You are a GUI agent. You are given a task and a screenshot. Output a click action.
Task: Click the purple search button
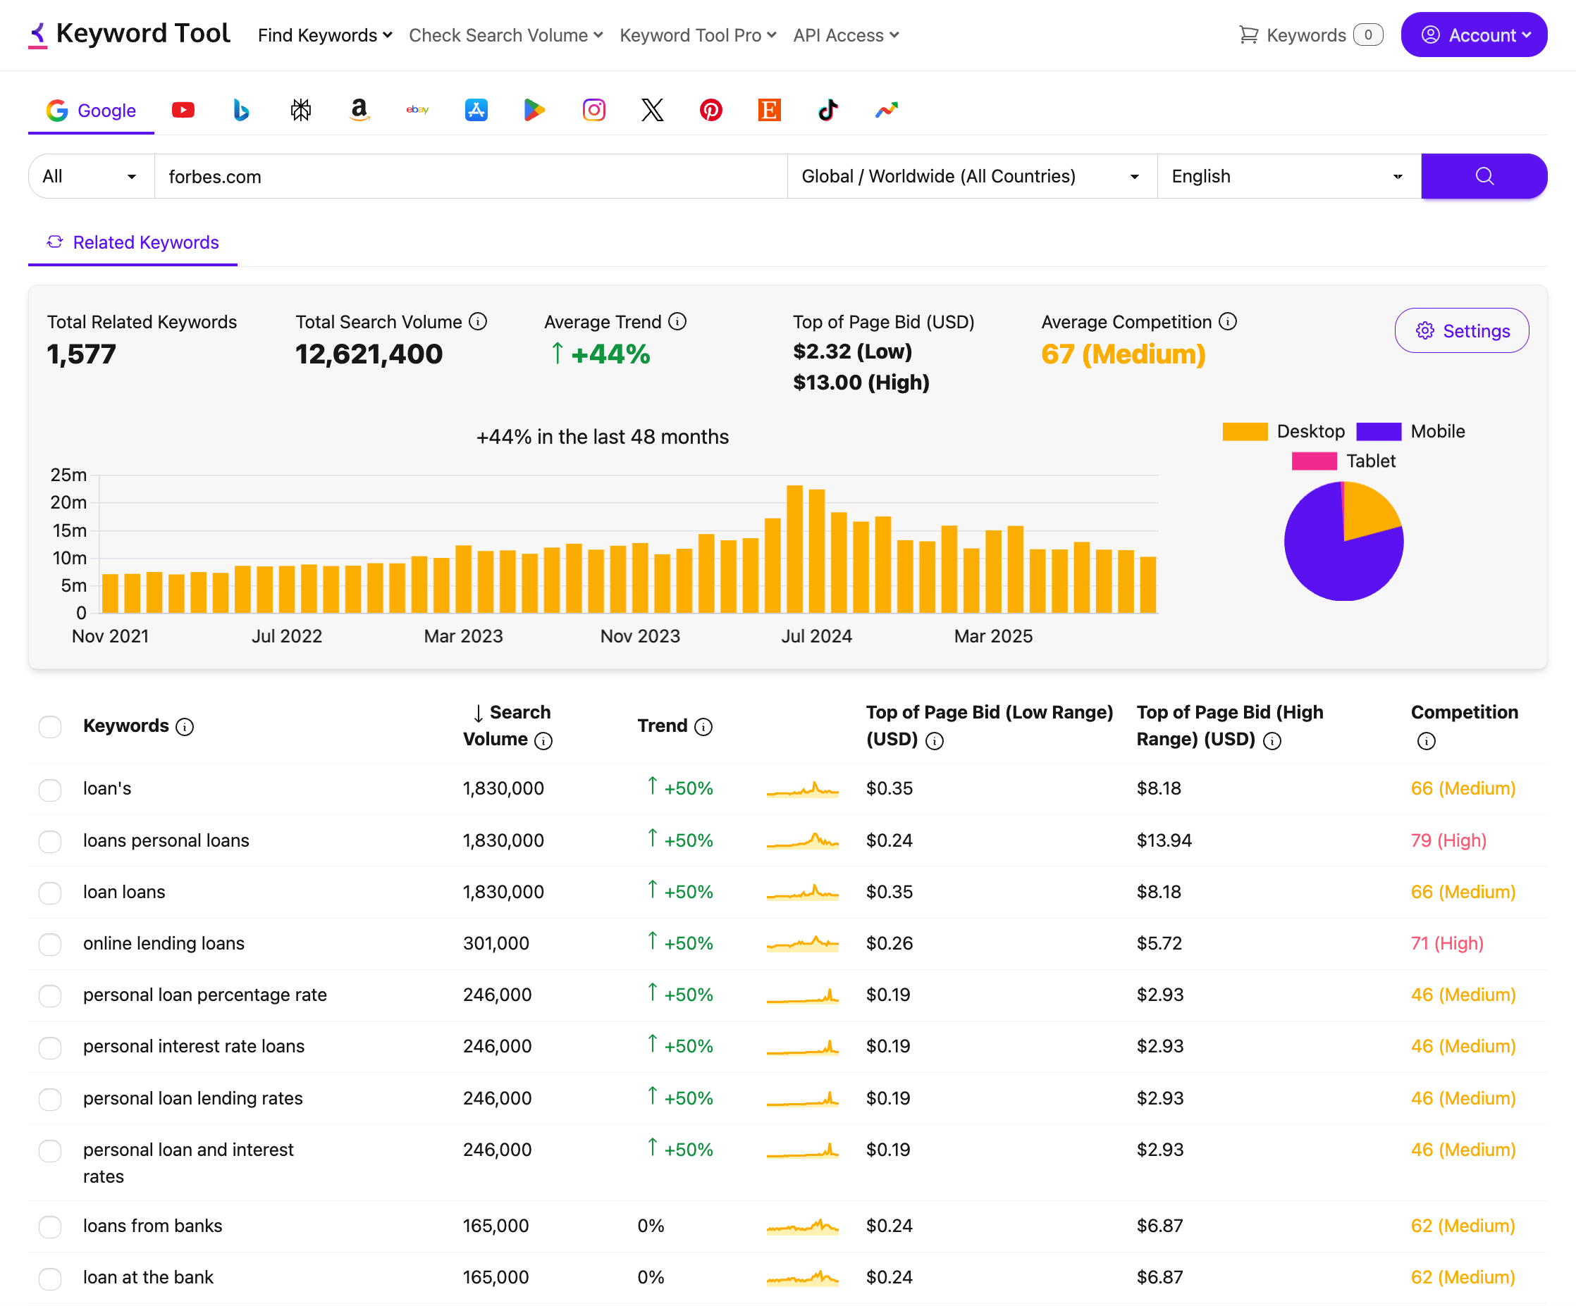tap(1483, 176)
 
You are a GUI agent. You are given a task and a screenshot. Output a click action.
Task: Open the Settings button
tap(1461, 331)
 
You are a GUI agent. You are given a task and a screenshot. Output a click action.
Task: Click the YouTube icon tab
tap(183, 111)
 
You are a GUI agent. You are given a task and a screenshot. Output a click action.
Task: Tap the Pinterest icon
tap(710, 111)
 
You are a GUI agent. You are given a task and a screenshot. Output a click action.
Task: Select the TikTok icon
tap(827, 111)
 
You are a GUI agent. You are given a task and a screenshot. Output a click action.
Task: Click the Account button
tap(1473, 35)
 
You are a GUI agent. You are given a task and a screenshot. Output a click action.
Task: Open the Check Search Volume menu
tap(505, 35)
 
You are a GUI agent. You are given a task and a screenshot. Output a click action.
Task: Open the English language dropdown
tap(1288, 176)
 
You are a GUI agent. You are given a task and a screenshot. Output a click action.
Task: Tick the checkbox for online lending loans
tap(50, 944)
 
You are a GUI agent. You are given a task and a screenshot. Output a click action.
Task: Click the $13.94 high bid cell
tap(1164, 840)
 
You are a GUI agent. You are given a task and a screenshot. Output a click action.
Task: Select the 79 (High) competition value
tap(1448, 840)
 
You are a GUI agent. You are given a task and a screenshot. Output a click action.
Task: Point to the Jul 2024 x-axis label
tap(816, 636)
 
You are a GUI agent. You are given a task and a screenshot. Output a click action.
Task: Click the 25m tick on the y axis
tap(68, 475)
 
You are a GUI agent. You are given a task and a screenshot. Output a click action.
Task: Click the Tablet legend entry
tap(1343, 461)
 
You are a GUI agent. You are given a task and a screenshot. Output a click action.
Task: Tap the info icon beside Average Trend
tap(677, 322)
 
